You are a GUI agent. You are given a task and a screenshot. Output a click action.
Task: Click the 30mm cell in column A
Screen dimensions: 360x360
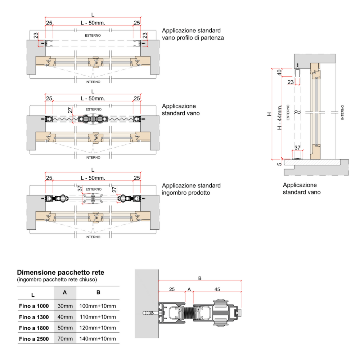[x=65, y=306]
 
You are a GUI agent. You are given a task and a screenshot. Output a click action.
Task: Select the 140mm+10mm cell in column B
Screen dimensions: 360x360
[x=98, y=338]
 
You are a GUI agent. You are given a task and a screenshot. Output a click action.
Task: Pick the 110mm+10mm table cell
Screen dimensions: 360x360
[x=98, y=317]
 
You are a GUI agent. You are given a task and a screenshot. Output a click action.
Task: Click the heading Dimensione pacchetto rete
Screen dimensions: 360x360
[x=60, y=273]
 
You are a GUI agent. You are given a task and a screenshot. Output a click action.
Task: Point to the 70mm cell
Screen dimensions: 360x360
[x=65, y=338]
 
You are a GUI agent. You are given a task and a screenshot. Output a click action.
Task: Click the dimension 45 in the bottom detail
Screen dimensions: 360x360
[x=217, y=289]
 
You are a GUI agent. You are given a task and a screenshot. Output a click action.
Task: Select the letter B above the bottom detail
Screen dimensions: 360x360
[x=200, y=278]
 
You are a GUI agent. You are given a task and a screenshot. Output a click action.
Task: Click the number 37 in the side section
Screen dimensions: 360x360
[x=297, y=148]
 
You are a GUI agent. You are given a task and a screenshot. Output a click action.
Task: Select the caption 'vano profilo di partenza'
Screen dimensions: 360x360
[x=193, y=37]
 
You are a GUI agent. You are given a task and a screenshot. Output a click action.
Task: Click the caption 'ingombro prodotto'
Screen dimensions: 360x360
[x=186, y=193]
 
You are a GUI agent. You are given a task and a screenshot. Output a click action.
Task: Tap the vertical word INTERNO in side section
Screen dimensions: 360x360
[x=342, y=112]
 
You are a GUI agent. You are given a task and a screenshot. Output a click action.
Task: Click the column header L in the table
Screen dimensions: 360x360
[x=33, y=295]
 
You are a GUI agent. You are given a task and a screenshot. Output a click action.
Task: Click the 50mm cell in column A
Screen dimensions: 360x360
[x=65, y=328]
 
